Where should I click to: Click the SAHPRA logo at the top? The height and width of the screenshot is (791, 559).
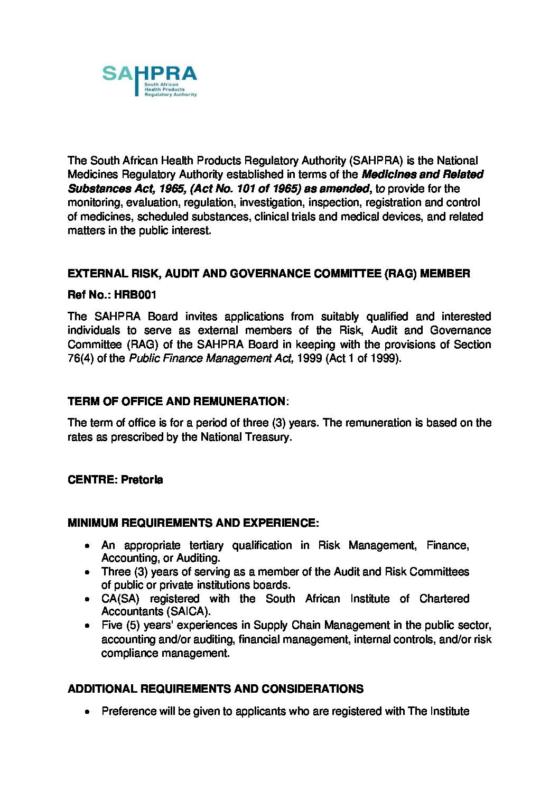coord(150,81)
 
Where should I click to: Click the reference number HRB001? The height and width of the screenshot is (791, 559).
coord(135,295)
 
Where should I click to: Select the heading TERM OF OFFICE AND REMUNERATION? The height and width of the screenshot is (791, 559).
coord(176,402)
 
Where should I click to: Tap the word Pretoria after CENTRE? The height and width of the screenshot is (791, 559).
coord(142,480)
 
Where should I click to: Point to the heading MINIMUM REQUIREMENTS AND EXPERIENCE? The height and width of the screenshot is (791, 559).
coord(193,523)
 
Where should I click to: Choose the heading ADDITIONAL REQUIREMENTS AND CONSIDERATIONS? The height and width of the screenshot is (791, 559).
coord(216,689)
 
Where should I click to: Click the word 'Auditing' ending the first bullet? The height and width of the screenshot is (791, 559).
coord(198,558)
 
